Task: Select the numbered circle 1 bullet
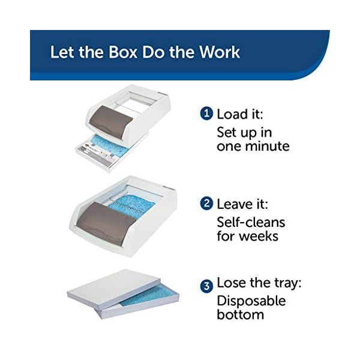pos(206,114)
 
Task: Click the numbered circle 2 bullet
pos(206,204)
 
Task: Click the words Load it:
pos(240,114)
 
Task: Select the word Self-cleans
pos(251,222)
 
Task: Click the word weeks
pos(259,236)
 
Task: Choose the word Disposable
pos(251,301)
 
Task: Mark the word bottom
pos(240,315)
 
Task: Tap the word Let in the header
pos(61,52)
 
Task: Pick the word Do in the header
pos(157,52)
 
